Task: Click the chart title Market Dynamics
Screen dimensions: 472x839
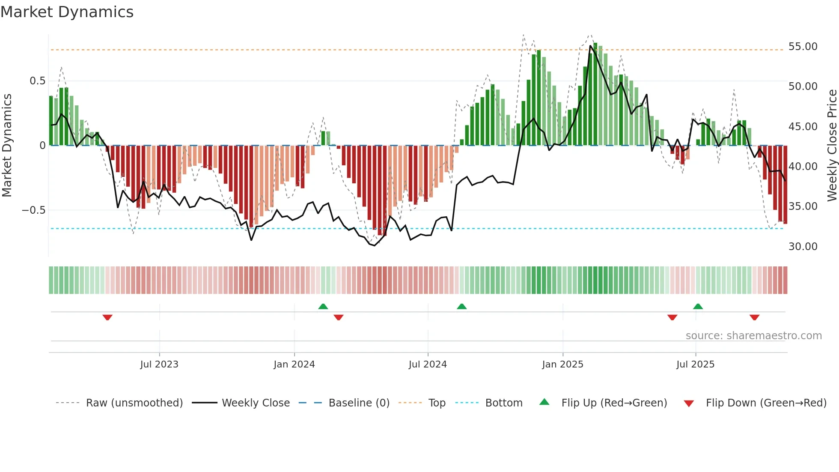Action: [x=67, y=12]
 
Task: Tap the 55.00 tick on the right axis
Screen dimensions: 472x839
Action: [x=803, y=47]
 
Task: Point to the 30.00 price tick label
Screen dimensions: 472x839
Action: [x=803, y=247]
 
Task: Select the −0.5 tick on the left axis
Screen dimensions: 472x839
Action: [x=33, y=210]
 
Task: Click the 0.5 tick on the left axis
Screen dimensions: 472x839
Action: [x=37, y=81]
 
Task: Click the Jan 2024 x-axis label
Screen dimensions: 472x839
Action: [x=294, y=364]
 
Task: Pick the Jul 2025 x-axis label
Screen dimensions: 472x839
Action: [x=695, y=364]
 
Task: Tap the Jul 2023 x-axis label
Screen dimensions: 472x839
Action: [x=159, y=364]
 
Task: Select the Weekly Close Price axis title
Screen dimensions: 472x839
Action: [x=832, y=145]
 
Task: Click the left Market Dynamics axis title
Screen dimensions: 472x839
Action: [x=7, y=145]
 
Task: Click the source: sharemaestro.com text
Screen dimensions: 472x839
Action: [x=753, y=336]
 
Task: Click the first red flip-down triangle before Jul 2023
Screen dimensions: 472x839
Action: [x=107, y=317]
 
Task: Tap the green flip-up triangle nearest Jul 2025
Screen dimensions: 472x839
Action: [x=698, y=306]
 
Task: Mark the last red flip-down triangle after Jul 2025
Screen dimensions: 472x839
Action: [x=754, y=317]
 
